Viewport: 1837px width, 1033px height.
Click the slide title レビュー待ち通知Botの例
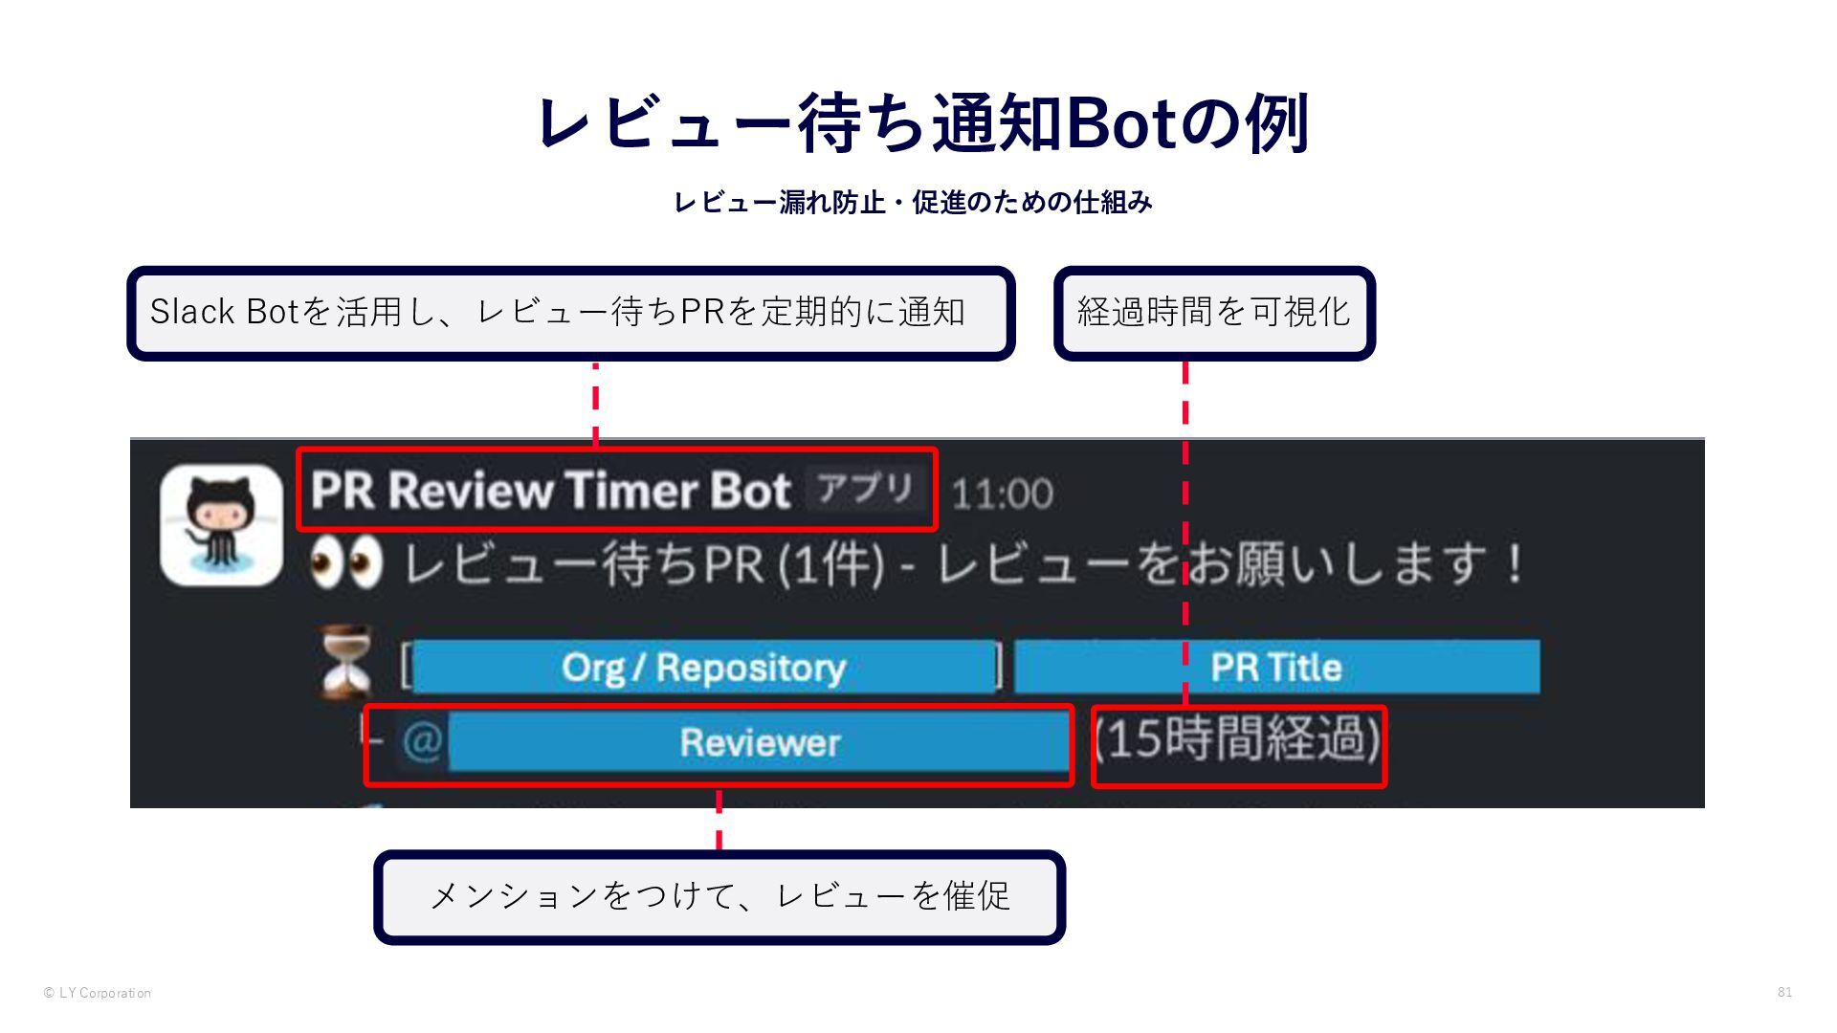921,123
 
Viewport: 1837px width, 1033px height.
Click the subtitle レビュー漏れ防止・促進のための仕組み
913,203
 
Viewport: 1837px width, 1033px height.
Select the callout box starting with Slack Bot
570,313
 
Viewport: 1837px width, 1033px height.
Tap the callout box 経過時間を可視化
1213,313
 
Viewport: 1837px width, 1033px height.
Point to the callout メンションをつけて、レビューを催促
719,896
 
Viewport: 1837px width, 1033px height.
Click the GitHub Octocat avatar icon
222,525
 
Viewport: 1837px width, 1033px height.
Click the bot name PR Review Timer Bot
551,491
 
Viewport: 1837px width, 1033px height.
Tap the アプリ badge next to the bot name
865,489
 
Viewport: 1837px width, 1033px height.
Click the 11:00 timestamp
1002,494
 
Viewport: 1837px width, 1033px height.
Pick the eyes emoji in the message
345,563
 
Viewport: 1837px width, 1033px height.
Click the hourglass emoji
346,663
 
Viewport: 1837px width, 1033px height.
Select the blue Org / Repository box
704,667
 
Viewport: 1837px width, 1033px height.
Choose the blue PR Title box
1276,667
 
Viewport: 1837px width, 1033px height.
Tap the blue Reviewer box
759,743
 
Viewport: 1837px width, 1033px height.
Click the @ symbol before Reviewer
422,741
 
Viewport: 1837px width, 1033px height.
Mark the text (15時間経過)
1238,740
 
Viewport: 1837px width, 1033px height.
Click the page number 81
1784,992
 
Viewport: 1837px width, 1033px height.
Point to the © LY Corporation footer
98,993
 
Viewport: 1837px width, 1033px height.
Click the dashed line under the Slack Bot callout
595,403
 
